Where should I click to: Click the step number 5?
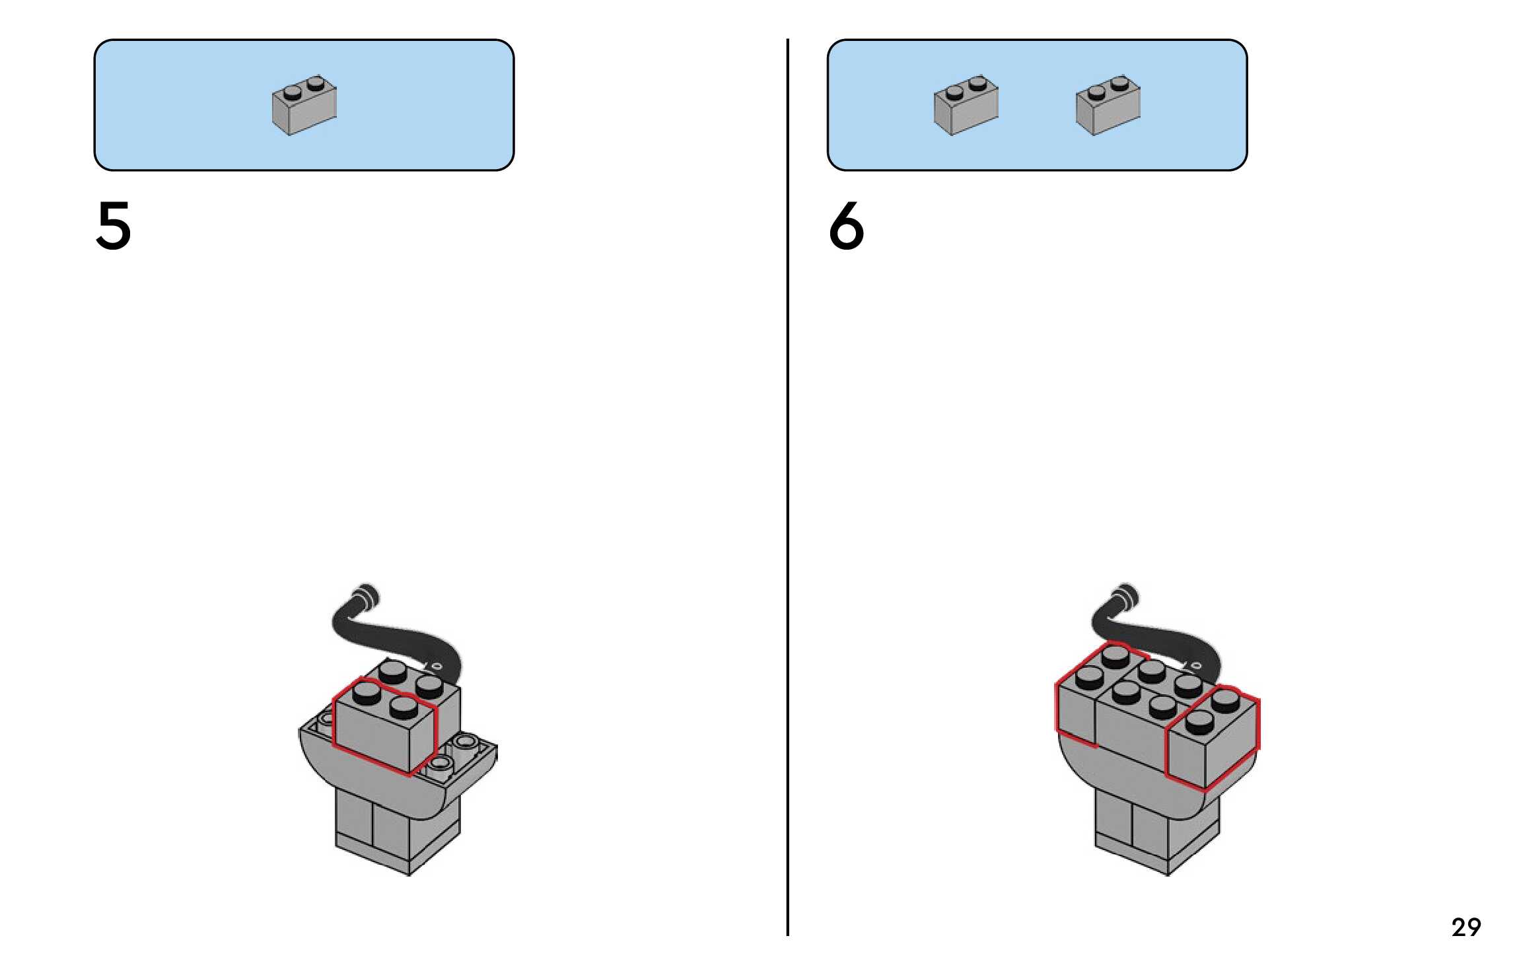point(114,226)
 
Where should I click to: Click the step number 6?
point(846,226)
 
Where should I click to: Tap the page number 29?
point(1466,927)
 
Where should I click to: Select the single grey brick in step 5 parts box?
point(304,105)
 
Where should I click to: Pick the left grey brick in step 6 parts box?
point(966,105)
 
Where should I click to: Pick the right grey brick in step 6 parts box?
point(1108,105)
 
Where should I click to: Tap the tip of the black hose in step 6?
point(1125,593)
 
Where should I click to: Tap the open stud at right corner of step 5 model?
point(466,742)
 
